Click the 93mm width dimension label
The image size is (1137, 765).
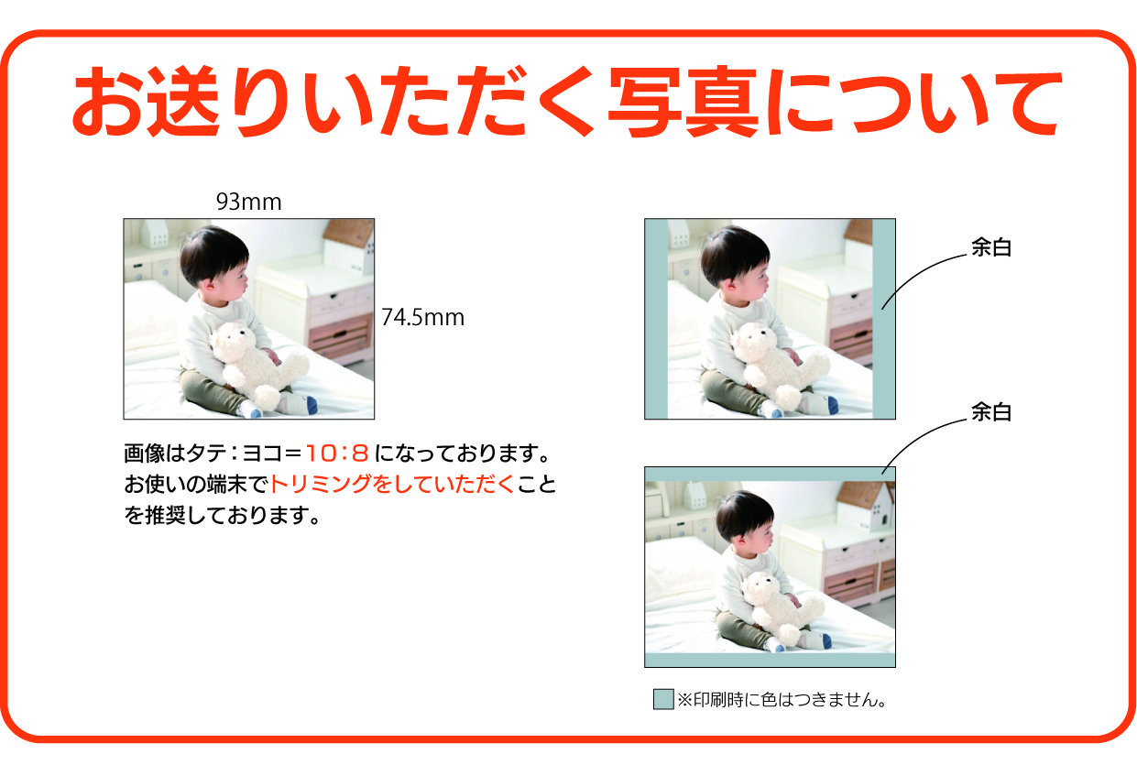248,202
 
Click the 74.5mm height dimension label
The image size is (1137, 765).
422,318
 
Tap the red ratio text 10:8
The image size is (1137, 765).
336,453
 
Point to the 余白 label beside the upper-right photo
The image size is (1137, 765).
990,248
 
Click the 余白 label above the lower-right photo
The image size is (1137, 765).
990,413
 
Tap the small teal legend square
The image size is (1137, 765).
662,699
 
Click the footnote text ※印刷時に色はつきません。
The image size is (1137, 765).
784,701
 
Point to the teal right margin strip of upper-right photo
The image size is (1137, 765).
883,319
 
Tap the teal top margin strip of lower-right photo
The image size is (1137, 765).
770,474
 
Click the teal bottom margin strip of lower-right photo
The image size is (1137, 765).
770,660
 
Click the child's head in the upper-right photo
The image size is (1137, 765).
736,260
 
